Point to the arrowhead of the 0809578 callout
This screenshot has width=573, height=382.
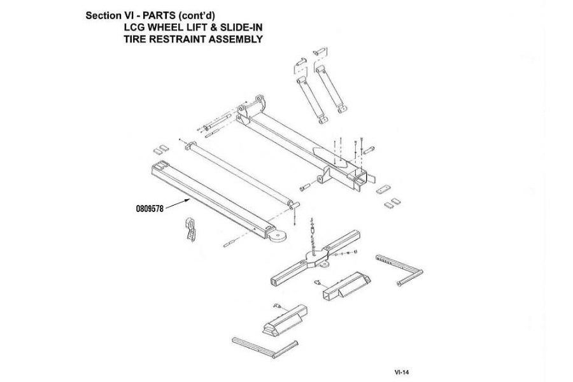(x=191, y=199)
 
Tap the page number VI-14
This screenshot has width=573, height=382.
(x=402, y=370)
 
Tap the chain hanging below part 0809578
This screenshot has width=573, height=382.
(x=190, y=229)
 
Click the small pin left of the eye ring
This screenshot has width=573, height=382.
(x=232, y=243)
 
